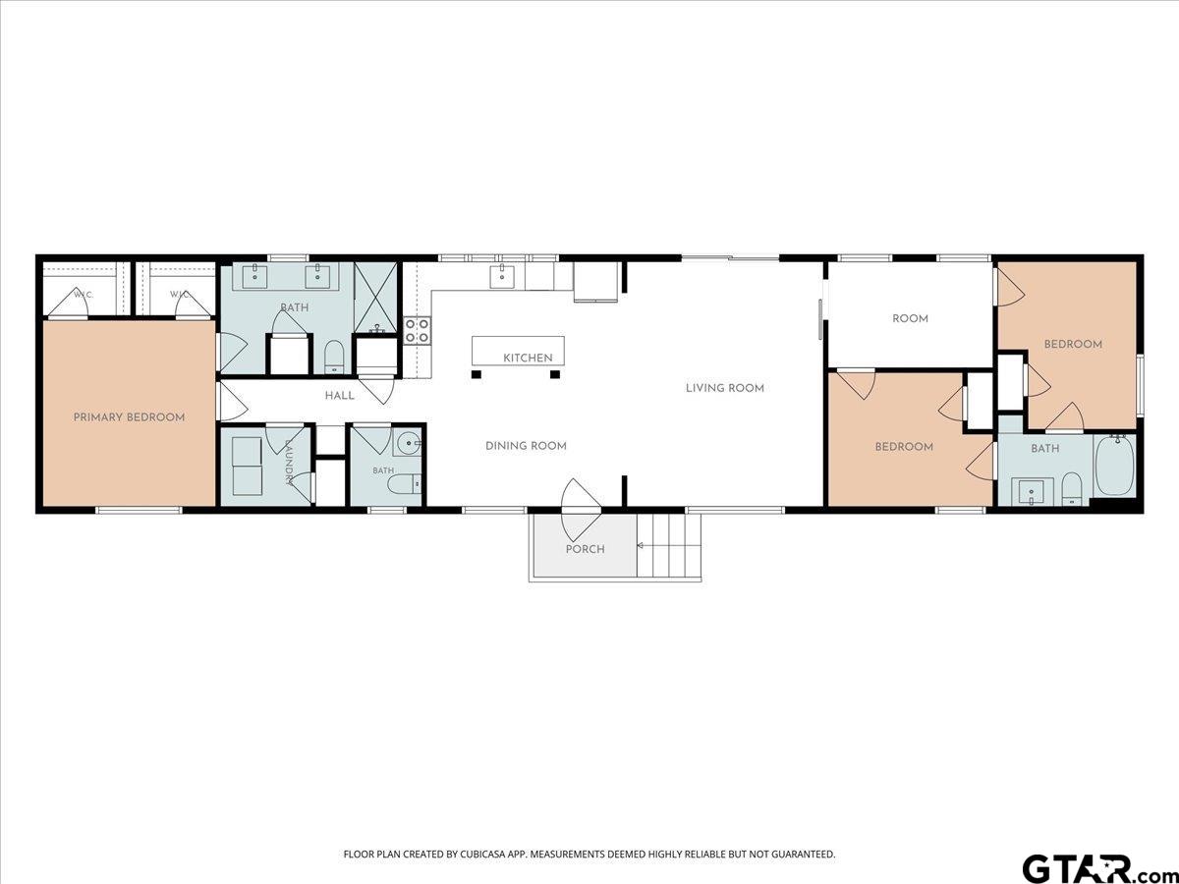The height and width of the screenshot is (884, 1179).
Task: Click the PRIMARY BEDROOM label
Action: (x=129, y=417)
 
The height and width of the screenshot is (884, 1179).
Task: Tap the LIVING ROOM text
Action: (x=724, y=388)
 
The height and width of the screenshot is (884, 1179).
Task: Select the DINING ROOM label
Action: (x=526, y=446)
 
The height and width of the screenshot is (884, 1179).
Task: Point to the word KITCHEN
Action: (x=528, y=358)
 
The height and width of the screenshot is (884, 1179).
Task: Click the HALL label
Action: (x=340, y=396)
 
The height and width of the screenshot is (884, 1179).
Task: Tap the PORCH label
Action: (x=585, y=549)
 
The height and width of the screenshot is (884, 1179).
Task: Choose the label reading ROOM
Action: (x=910, y=318)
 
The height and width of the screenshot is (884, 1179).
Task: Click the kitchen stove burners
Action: (x=418, y=330)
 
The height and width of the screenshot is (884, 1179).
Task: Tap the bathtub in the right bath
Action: (x=1115, y=466)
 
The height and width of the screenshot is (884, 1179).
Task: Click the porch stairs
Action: (x=669, y=545)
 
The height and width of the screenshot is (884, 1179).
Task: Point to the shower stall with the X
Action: (x=375, y=298)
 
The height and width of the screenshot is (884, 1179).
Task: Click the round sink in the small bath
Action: (x=410, y=443)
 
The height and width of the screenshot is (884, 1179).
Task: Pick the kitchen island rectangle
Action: (x=518, y=351)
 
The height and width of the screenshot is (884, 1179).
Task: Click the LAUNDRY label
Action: (x=289, y=462)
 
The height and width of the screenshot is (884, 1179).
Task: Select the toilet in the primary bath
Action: (x=334, y=357)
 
